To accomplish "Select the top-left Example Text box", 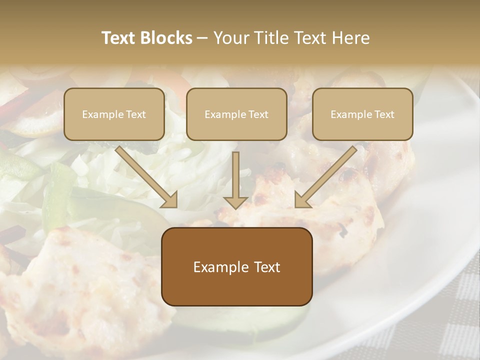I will coord(114,114).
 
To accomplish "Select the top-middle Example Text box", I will coord(236,114).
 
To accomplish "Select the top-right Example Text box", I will coord(362,114).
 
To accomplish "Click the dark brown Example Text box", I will coord(236,266).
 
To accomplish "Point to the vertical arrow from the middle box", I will coord(236,177).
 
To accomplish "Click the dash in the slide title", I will coord(202,38).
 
